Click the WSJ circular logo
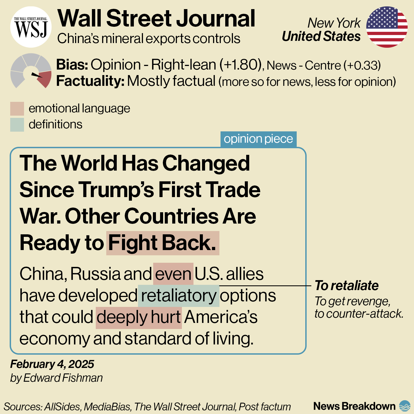pos(31,27)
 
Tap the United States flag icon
pos(387,27)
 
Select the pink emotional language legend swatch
pos(17,109)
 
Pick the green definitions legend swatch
pos(17,125)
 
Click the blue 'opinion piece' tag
pos(258,139)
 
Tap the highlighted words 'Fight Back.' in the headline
pos(163,243)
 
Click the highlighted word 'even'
pos(173,274)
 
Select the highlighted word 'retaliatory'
pos(179,296)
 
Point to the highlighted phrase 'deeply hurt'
pos(139,317)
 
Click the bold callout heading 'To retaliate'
pos(347,285)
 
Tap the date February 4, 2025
pos(52,364)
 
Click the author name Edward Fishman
pos(63,378)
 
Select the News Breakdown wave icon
pos(405,406)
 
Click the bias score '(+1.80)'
pos(240,65)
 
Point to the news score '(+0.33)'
pos(362,65)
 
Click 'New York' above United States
pos(334,23)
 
